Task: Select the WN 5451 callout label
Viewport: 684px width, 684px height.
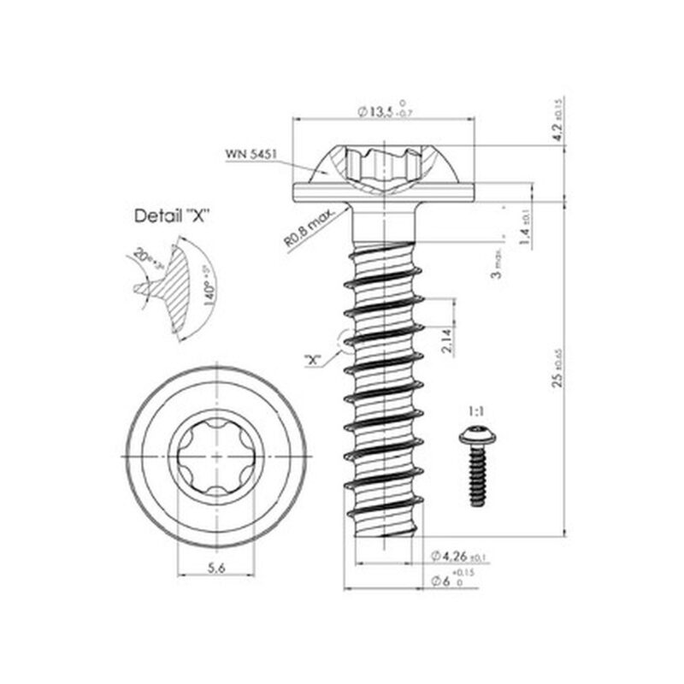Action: (249, 154)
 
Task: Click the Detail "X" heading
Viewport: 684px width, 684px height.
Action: (174, 216)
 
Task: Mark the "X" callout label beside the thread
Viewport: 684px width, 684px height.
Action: (313, 359)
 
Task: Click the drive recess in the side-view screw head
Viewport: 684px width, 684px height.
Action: (383, 162)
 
